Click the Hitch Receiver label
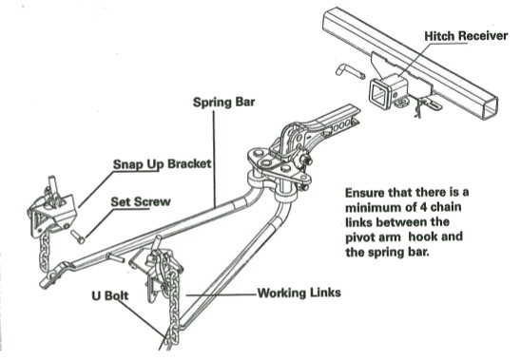[466, 36]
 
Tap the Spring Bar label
[224, 102]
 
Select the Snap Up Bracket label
[163, 164]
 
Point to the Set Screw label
[141, 202]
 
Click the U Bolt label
[110, 295]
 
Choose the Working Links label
[299, 293]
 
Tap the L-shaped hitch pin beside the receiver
[350, 71]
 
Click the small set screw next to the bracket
[78, 237]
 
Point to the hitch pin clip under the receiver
[419, 107]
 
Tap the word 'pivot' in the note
[360, 237]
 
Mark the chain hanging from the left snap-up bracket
[47, 254]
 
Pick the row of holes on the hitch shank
[341, 126]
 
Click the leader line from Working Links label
[222, 294]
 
